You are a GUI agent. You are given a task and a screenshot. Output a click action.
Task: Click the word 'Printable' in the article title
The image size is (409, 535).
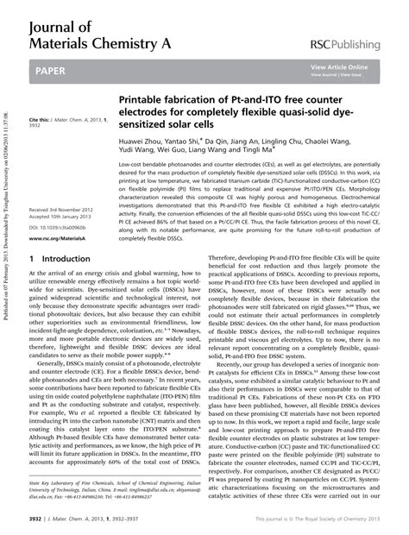144,100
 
